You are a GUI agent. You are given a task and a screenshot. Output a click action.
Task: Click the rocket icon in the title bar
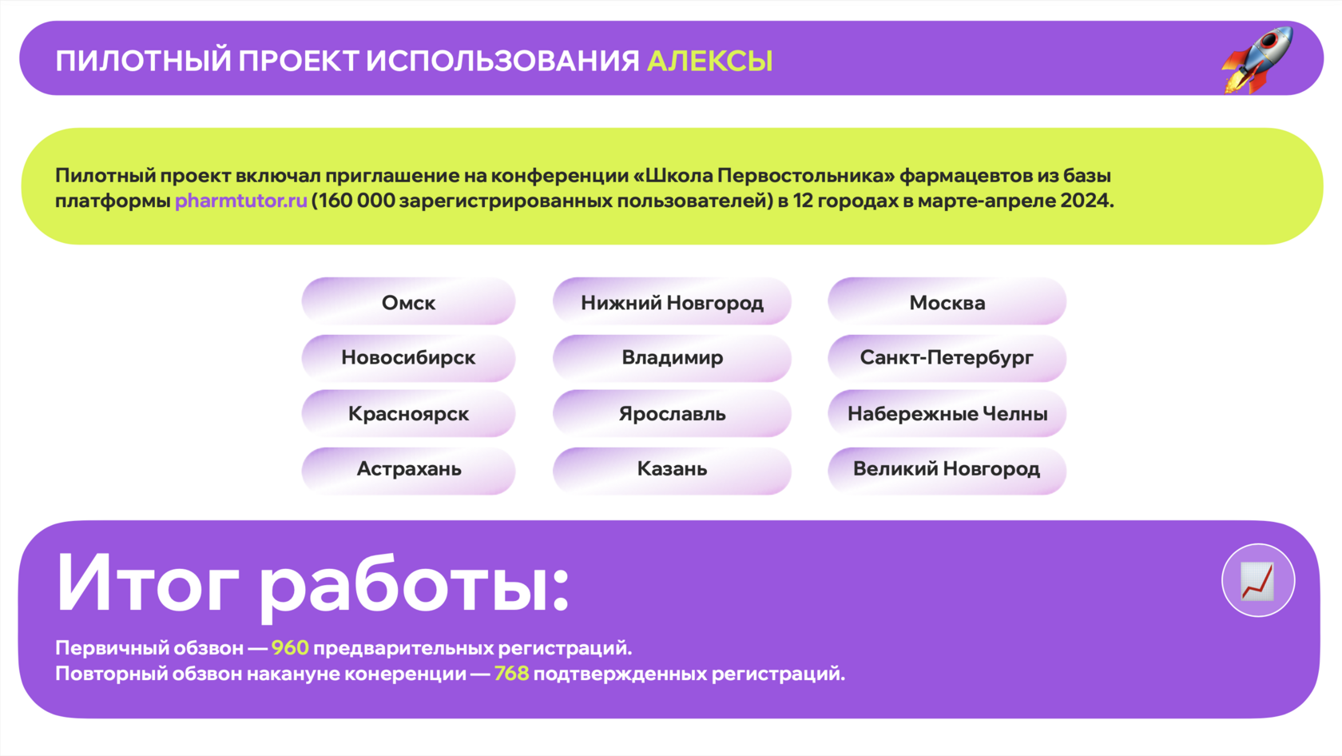[1257, 60]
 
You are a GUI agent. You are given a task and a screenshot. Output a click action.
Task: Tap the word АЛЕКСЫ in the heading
[710, 62]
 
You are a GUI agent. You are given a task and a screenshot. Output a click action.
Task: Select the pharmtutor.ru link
[241, 201]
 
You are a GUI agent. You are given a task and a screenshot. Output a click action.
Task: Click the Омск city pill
[409, 301]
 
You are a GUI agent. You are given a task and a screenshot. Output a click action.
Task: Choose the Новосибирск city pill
[409, 358]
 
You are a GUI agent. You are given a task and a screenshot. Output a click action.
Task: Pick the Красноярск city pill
[409, 414]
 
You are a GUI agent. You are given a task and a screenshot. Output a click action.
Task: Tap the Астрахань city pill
[409, 469]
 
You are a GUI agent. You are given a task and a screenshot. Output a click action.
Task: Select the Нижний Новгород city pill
[673, 301]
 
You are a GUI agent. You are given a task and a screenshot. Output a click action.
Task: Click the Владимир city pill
[673, 358]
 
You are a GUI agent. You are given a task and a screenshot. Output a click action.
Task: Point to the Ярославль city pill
[673, 414]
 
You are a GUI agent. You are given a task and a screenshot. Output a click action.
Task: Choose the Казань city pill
[673, 469]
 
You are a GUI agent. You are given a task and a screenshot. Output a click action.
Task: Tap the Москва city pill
[947, 301]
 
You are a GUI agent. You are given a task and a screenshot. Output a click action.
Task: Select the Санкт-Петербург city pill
[947, 358]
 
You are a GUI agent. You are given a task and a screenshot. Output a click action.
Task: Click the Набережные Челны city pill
[947, 414]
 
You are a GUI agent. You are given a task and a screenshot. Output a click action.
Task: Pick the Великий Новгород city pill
[947, 469]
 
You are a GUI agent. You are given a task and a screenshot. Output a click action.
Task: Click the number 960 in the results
[290, 648]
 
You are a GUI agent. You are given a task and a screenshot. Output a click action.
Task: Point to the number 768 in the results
[511, 674]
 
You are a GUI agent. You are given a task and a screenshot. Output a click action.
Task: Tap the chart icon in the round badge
[1258, 580]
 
